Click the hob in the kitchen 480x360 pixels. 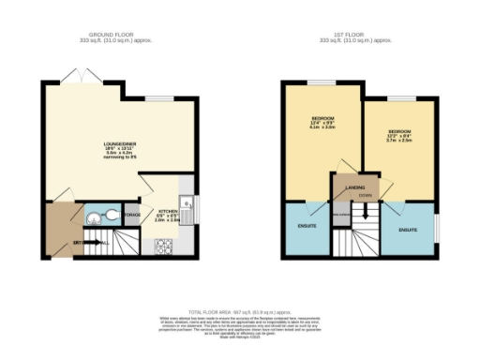[162, 247]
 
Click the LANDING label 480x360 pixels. [354, 187]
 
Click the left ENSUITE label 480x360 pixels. [307, 225]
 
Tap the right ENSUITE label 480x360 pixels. [408, 229]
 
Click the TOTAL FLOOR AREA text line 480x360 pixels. [240, 310]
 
